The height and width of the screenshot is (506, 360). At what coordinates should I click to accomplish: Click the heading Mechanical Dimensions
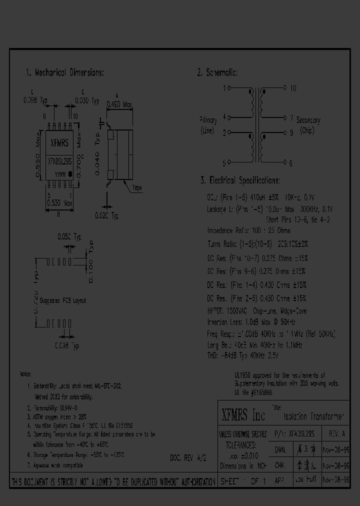point(64,73)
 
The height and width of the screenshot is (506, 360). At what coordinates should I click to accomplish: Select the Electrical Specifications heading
point(240,180)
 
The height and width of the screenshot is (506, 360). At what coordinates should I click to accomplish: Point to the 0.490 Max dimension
point(120,104)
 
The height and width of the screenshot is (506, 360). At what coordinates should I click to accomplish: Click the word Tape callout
point(136,188)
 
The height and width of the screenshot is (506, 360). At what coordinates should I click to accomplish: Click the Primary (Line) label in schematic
point(208,125)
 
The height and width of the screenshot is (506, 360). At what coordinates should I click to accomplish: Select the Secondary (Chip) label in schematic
point(308,125)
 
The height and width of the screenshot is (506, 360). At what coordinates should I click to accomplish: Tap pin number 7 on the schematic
point(290,118)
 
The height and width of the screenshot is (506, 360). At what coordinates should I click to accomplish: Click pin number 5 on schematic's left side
point(224,162)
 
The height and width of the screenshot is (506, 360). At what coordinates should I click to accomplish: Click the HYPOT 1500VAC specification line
point(257,311)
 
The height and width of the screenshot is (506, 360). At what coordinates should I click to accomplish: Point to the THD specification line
point(242,355)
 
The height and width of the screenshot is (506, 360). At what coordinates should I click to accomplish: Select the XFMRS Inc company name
point(243,414)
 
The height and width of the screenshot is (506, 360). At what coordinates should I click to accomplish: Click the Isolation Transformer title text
point(314,416)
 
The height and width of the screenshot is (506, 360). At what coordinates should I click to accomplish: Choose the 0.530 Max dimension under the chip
point(59,202)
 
